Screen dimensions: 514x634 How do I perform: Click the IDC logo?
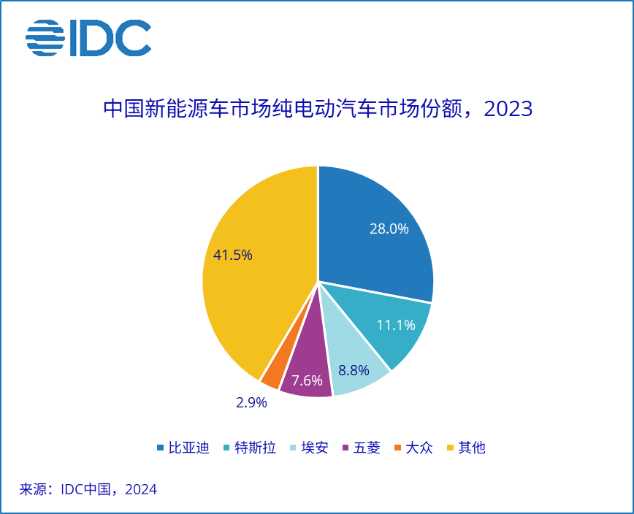[88, 38]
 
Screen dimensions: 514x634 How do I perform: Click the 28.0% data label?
[389, 229]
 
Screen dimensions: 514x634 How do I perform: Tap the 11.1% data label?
[396, 325]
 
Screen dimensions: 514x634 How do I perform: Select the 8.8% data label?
[353, 370]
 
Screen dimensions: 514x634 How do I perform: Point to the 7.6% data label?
[307, 380]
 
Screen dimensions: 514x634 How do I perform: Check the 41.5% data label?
[233, 255]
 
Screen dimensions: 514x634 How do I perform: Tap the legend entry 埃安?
[311, 448]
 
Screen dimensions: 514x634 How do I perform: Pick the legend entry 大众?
[413, 448]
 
